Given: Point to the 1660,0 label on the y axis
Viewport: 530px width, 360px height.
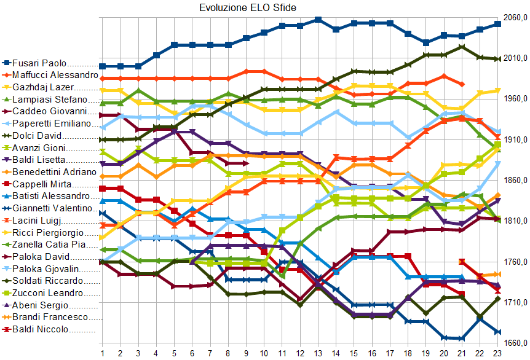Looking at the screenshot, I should pos(515,343).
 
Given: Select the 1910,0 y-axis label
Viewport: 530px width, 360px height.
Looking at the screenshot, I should pos(515,140).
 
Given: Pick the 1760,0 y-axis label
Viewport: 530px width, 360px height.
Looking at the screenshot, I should pos(515,262).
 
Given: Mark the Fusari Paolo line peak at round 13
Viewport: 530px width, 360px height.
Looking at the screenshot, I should pos(318,20).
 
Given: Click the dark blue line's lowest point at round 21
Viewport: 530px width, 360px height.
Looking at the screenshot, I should pos(462,338).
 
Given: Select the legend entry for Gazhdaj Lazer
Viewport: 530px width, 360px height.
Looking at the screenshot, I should pos(43,87).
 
